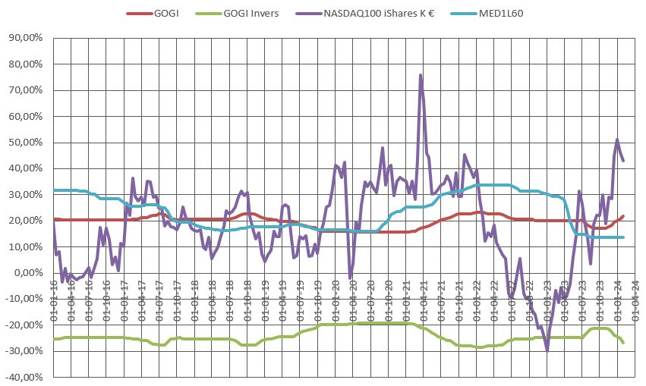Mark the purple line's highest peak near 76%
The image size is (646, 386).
pyautogui.click(x=421, y=75)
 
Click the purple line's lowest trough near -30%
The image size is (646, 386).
pyautogui.click(x=547, y=350)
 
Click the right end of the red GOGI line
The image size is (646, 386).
pyautogui.click(x=624, y=216)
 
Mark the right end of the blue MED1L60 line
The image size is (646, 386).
pyautogui.click(x=624, y=237)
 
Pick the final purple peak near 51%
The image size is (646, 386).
pyautogui.click(x=617, y=140)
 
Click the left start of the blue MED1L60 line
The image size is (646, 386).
pyautogui.click(x=53, y=190)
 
